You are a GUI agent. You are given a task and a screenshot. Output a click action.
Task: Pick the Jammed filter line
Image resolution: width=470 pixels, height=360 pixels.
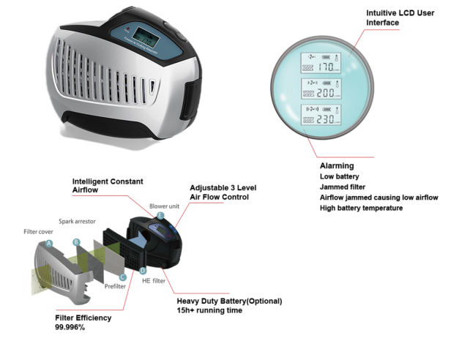click(345, 187)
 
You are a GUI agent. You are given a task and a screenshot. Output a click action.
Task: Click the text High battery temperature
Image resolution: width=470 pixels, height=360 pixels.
click(361, 209)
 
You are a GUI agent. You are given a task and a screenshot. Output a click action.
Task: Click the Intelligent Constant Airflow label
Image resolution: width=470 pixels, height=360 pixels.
click(107, 186)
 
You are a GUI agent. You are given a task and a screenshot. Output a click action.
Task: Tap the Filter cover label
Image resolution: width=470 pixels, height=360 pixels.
click(40, 232)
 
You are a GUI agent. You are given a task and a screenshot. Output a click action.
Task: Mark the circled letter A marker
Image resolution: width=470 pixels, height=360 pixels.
click(49, 242)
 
